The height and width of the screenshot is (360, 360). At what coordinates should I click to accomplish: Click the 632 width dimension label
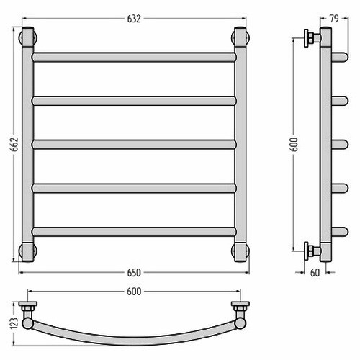(x=134, y=19)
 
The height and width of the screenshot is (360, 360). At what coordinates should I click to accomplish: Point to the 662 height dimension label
(x=15, y=144)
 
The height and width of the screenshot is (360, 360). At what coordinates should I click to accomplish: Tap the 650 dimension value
(x=134, y=273)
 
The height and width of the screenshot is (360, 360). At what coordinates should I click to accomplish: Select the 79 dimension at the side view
(x=334, y=19)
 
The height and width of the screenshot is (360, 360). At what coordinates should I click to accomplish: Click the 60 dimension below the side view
(x=315, y=273)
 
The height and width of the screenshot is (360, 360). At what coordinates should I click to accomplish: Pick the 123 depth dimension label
(x=14, y=323)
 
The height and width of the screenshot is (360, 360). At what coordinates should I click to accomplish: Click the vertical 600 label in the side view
(x=294, y=145)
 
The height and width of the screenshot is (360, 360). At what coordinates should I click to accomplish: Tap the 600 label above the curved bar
(x=134, y=292)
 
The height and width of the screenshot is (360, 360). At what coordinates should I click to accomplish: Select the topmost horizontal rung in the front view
(x=134, y=58)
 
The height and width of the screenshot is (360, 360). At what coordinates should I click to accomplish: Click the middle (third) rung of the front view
(x=134, y=145)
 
